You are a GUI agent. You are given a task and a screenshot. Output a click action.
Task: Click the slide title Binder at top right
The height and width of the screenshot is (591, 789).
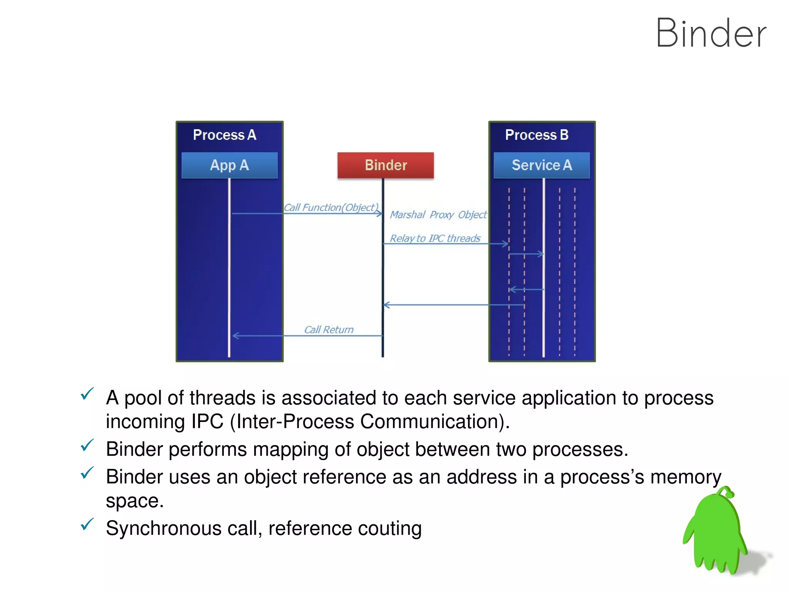[x=711, y=34]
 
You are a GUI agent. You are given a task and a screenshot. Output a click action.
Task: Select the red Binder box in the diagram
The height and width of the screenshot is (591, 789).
[x=385, y=165]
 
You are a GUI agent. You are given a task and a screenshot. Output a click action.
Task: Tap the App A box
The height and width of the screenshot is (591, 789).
[x=229, y=165]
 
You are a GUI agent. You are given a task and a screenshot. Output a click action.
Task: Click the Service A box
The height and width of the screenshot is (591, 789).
[x=541, y=165]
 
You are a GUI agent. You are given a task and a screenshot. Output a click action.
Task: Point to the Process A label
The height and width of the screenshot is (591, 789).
[x=224, y=135]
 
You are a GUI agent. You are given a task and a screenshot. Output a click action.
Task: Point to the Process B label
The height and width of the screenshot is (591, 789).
[x=536, y=135]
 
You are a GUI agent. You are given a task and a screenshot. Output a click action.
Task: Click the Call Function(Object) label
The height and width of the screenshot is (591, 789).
[x=331, y=208]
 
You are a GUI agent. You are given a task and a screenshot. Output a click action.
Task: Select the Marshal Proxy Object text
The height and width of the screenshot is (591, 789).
[x=438, y=215]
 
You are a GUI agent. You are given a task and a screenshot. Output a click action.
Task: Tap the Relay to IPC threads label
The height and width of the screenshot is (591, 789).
[x=435, y=239]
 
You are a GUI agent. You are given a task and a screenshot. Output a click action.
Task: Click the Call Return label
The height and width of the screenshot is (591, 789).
[x=329, y=330]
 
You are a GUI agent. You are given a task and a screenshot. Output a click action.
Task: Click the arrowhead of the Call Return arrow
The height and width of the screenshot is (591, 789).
[x=235, y=336]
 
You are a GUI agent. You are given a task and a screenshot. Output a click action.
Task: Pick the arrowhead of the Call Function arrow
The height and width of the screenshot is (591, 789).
[x=379, y=213]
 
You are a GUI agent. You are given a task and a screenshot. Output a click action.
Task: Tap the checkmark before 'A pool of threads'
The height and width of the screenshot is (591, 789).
[x=87, y=394]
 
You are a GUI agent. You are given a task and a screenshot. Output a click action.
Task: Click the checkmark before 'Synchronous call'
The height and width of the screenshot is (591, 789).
[x=87, y=524]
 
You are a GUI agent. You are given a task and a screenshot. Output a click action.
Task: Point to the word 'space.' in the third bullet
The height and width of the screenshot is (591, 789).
[x=134, y=501]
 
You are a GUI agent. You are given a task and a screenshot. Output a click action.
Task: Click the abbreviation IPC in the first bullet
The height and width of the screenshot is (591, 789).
[x=207, y=421]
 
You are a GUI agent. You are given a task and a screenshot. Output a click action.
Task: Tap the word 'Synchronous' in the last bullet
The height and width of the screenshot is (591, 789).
[x=163, y=528]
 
